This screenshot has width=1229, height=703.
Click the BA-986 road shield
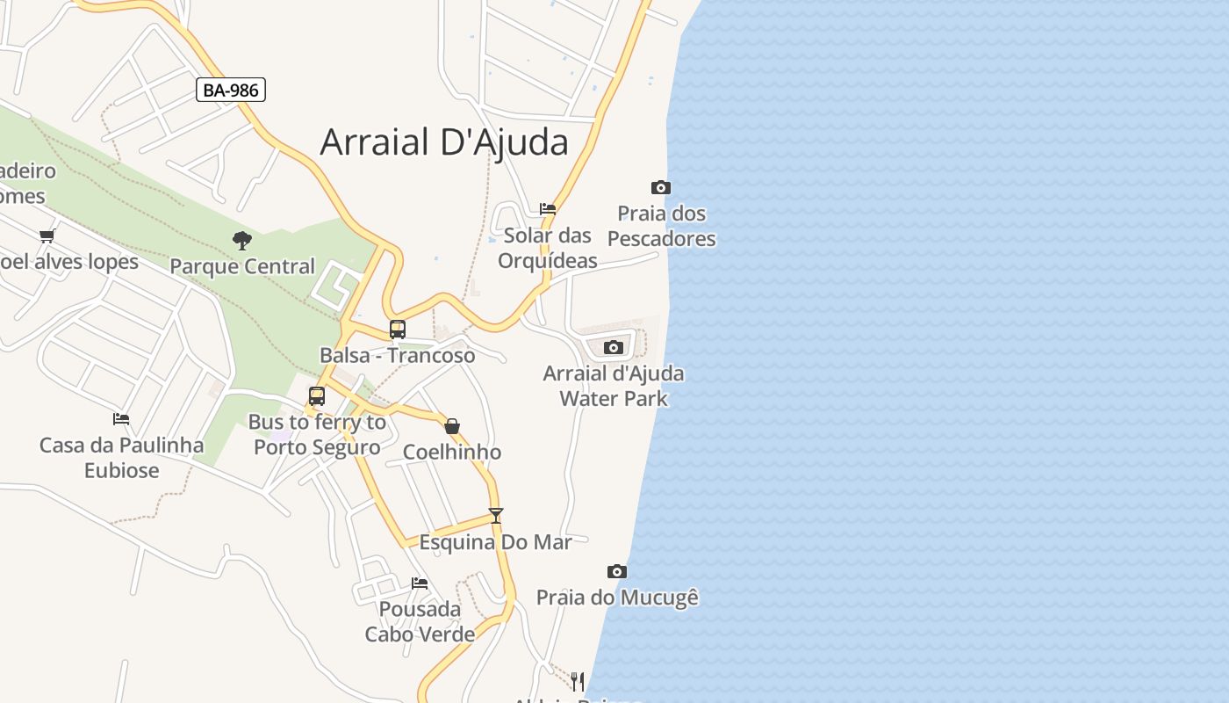[x=230, y=90]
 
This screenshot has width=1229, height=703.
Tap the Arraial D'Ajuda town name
[x=444, y=141]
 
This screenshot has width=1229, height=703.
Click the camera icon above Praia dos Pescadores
[x=661, y=187]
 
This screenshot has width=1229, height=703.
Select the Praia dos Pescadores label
[x=662, y=226]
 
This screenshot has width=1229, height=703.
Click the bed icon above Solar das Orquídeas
[x=548, y=209]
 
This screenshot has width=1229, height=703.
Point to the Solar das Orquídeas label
[x=548, y=248]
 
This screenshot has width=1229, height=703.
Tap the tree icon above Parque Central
[x=242, y=240]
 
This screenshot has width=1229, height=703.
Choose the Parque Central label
[x=242, y=266]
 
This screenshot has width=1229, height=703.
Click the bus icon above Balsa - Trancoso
[x=398, y=330]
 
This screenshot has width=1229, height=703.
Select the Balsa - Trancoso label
[x=397, y=355]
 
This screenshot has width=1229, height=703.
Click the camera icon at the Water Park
[x=614, y=347]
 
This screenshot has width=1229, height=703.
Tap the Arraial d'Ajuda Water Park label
[x=614, y=386]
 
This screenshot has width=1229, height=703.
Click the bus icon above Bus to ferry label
[x=317, y=396]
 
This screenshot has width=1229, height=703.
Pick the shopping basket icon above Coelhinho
[x=452, y=426]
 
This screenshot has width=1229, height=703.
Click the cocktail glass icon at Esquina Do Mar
[x=496, y=516]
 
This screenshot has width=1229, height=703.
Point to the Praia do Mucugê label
[x=617, y=598]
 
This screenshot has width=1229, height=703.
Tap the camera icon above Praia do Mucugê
[x=617, y=572]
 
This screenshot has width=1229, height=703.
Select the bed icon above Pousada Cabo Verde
[x=420, y=583]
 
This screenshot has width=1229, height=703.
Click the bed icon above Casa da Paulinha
[x=121, y=419]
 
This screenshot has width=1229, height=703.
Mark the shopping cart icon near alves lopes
[x=47, y=236]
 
